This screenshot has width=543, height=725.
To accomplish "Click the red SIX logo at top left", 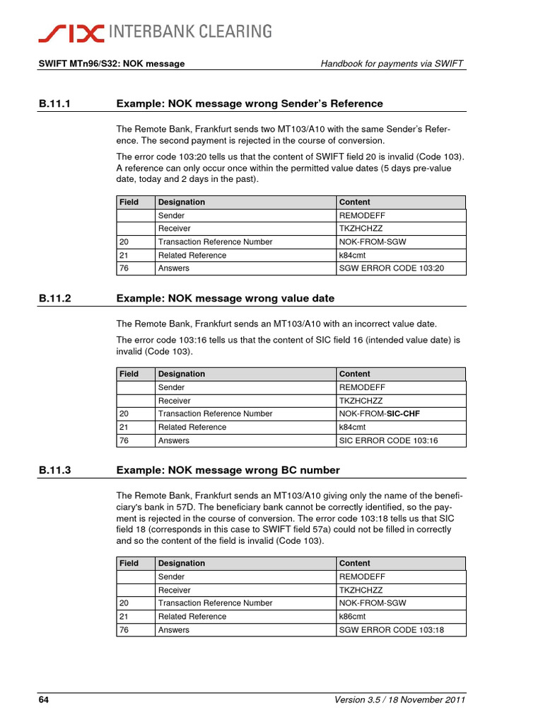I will [71, 32].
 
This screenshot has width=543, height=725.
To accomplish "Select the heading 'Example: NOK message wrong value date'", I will [225, 298].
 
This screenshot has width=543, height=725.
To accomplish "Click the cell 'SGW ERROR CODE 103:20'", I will [392, 268].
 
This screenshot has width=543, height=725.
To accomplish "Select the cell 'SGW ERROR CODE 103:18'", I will [392, 629].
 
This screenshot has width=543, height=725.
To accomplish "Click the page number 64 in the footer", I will [43, 700].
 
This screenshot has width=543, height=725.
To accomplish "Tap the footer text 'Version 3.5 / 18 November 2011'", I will [399, 700].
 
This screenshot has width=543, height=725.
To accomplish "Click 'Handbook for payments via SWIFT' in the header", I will [392, 64].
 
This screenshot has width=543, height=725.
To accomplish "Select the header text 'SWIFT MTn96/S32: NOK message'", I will [111, 64].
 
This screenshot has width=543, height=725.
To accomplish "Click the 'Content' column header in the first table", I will [355, 202].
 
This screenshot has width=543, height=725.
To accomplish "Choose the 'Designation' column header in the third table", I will [182, 563].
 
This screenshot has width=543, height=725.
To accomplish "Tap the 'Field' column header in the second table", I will [129, 374].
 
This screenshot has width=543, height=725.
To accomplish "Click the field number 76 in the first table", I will [124, 268].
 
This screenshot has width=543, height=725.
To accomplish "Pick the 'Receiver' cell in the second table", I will [173, 401].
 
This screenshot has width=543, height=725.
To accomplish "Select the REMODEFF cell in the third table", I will [362, 576].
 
